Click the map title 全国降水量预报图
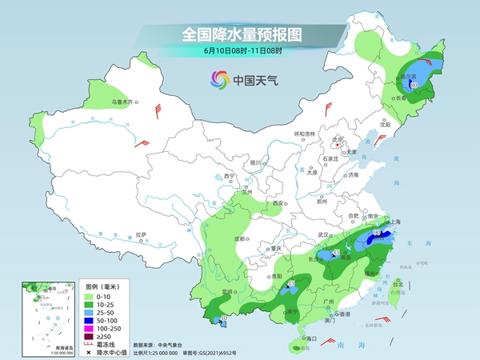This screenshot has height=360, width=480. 241,34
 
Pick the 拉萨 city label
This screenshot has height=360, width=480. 141,234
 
